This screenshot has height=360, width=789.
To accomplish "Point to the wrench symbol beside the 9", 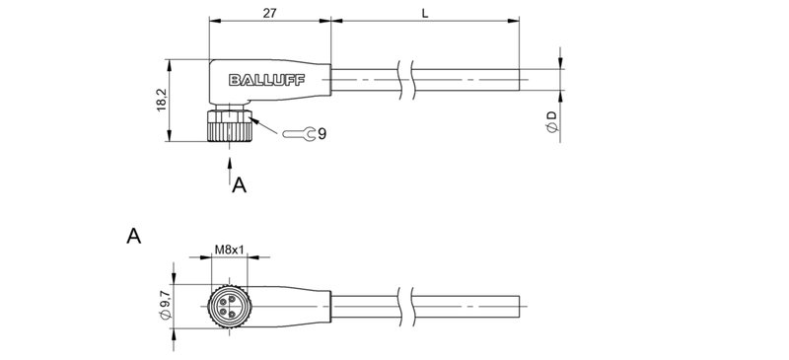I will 300,133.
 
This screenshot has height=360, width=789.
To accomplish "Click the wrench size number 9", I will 323,133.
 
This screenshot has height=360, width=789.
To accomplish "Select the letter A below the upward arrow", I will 238,183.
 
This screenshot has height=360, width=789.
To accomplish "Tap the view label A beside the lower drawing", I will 133,237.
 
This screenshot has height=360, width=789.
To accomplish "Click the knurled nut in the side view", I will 230,127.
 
